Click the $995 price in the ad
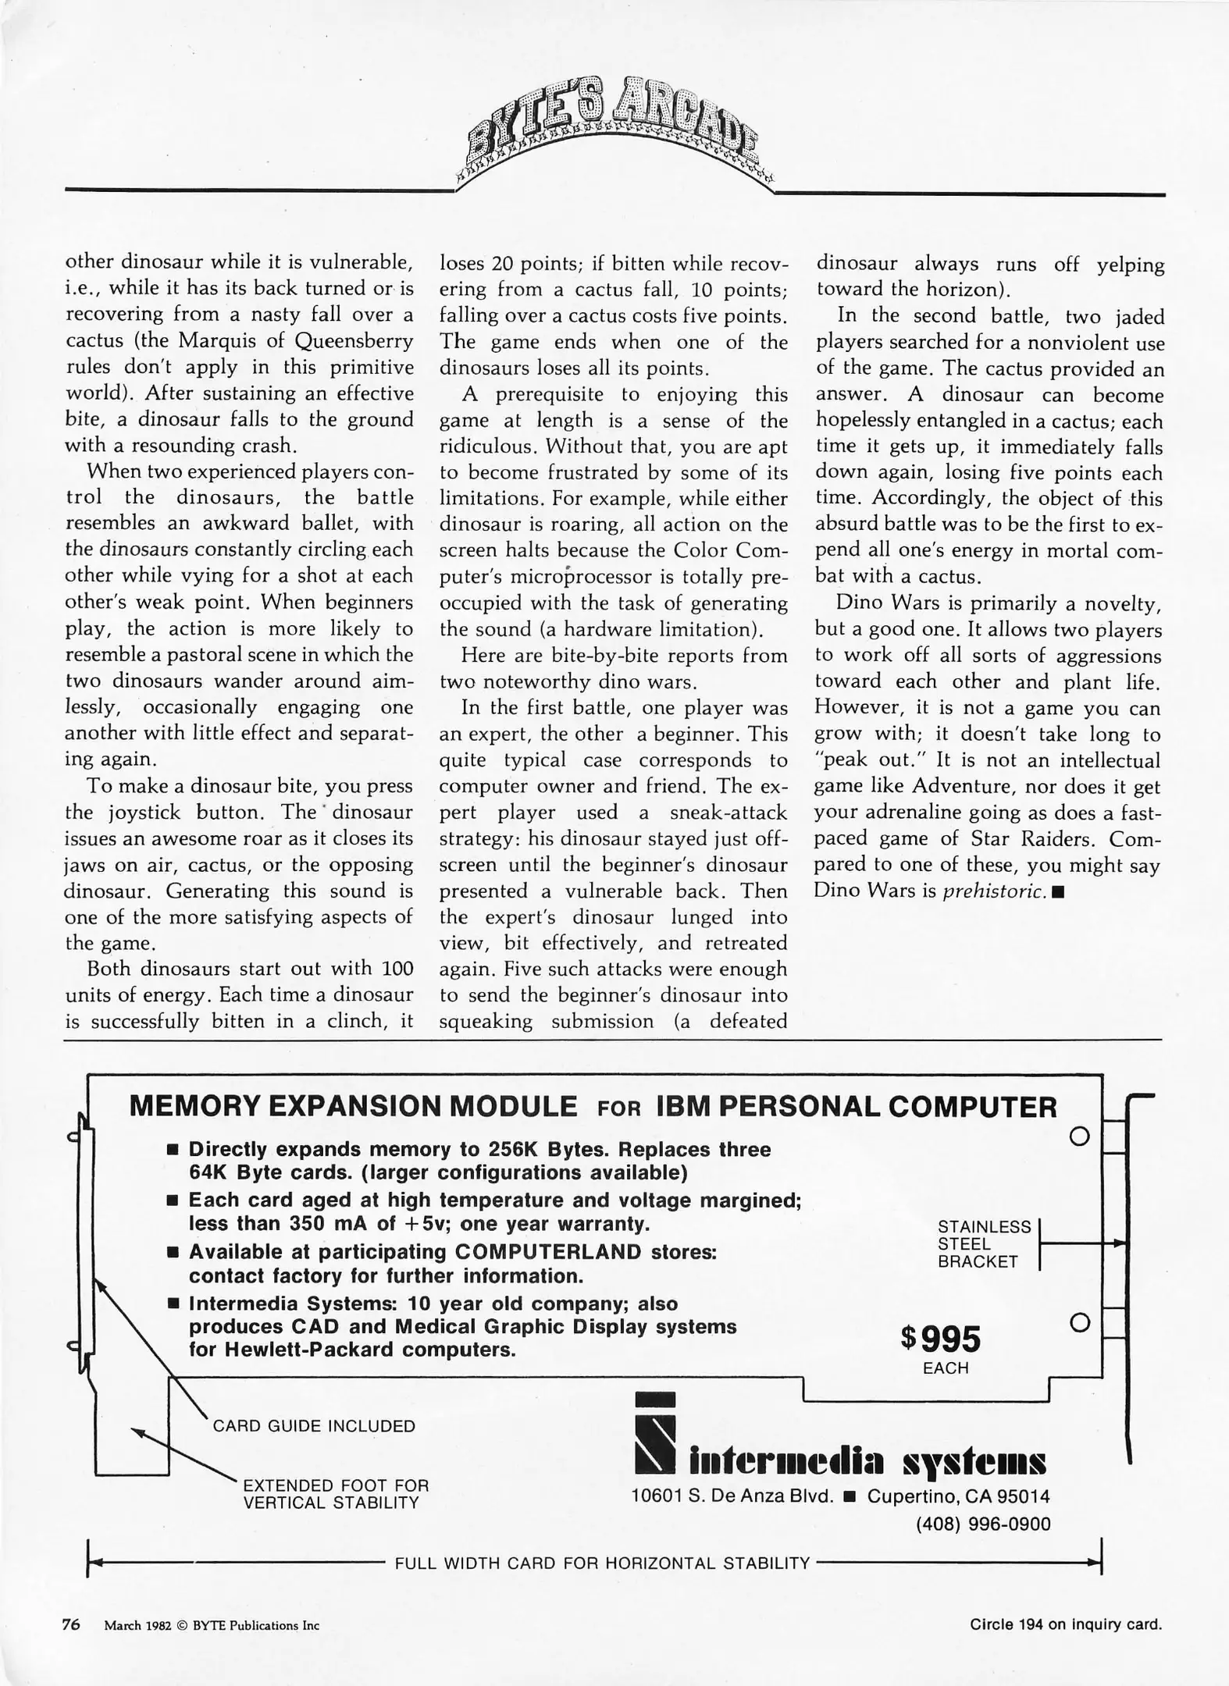[x=941, y=1339]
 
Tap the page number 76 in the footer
[x=71, y=1625]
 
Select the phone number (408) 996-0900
[x=982, y=1524]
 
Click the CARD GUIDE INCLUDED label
[x=314, y=1426]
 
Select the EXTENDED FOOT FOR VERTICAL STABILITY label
[x=336, y=1494]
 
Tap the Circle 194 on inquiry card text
[x=1065, y=1625]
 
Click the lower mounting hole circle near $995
[x=1078, y=1323]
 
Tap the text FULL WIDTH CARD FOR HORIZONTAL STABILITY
[x=602, y=1563]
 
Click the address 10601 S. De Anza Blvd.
[x=732, y=1497]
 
